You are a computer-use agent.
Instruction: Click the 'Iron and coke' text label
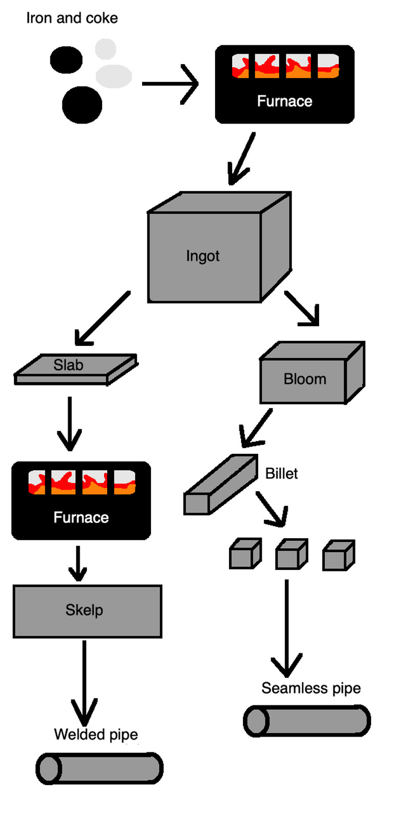coord(72,18)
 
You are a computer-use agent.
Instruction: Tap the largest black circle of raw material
coord(82,105)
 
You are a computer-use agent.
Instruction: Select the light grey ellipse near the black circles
coord(113,76)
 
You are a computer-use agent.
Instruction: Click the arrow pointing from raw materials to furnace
coord(170,84)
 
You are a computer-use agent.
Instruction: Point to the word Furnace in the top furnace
coord(284,101)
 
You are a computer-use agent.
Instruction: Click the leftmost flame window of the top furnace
coord(240,66)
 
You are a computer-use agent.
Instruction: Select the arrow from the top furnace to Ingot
coord(242,158)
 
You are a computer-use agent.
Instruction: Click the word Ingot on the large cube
coord(202,256)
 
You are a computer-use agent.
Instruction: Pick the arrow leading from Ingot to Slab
coord(102,318)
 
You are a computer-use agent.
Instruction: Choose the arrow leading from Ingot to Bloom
coord(302,308)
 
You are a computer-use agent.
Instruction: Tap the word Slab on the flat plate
coord(68,365)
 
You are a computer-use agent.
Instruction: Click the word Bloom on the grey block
coord(304,379)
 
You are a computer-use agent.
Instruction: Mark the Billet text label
coord(282,474)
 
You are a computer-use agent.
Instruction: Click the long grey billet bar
coord(221,485)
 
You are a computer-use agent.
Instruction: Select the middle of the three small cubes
coord(291,555)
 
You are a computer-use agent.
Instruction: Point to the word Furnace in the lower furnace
coord(81,517)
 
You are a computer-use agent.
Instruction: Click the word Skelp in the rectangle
coord(84,610)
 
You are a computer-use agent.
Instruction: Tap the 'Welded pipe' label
coord(96,735)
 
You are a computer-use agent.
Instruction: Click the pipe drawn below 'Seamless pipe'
coord(307,721)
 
